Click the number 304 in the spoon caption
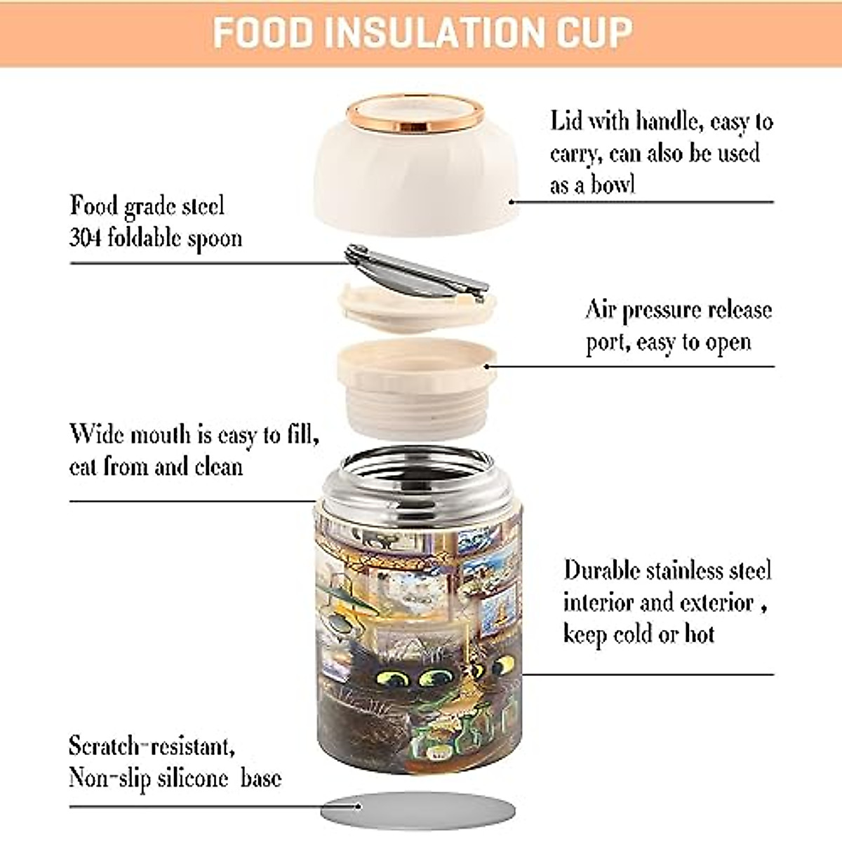(x=85, y=238)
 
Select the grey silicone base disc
(x=418, y=811)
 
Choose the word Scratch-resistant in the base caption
(x=152, y=745)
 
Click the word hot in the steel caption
(x=699, y=634)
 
